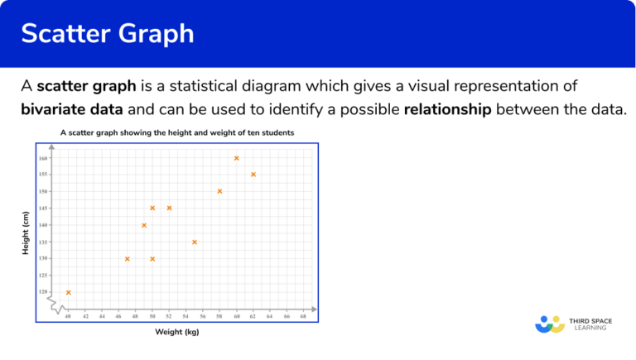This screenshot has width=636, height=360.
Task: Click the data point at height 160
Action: (x=236, y=158)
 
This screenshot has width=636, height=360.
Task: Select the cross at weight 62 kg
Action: (x=253, y=175)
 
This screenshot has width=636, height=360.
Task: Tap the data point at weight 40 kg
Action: (x=68, y=292)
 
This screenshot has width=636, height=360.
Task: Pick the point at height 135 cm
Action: (x=195, y=242)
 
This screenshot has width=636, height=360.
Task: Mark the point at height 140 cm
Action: (x=144, y=225)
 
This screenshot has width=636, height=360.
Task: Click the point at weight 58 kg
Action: (x=219, y=191)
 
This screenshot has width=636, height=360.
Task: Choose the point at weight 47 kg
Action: (x=127, y=259)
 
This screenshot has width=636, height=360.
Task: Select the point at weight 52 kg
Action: (x=169, y=208)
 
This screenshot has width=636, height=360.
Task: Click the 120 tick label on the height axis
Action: (x=43, y=292)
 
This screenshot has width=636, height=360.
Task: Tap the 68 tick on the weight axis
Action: (x=303, y=316)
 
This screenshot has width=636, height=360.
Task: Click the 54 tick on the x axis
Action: (x=185, y=316)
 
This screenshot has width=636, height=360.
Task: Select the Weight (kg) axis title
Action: (x=176, y=332)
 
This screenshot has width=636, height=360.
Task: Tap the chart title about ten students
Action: (x=176, y=132)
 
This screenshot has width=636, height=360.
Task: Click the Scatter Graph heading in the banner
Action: (x=108, y=34)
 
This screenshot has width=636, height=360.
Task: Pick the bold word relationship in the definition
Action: (x=447, y=109)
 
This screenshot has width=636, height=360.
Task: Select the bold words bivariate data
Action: (x=70, y=109)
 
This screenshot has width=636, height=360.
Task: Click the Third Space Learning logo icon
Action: (x=549, y=324)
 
